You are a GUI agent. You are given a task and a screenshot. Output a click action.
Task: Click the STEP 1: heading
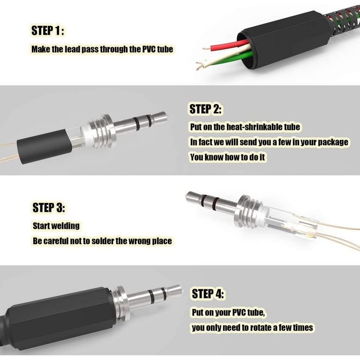coord(47,30)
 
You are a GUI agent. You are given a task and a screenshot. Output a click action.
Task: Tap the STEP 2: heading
coord(205,109)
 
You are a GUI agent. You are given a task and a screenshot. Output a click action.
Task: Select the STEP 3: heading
coord(49,208)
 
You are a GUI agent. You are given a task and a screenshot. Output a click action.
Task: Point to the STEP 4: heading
coord(208,293)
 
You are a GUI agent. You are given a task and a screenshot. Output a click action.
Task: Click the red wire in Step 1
coord(230,45)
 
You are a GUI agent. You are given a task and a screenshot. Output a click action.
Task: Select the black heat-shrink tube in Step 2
coord(45,146)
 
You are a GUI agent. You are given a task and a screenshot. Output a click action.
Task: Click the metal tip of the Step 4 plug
coord(174,291)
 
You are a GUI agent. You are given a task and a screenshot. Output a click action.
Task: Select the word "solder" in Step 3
coord(102,241)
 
